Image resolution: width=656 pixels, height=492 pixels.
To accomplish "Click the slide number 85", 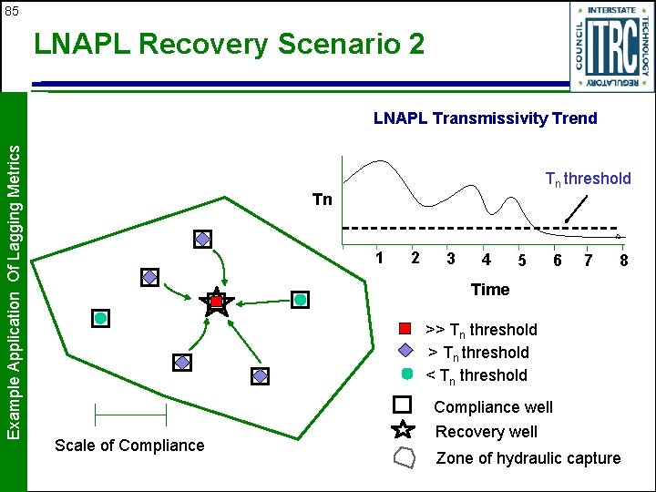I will click(11, 12).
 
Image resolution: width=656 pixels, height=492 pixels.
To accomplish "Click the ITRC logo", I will click(611, 46).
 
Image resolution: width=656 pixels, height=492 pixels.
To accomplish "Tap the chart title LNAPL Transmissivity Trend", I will click(485, 118).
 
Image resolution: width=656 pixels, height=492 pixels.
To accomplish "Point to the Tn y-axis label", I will click(322, 200).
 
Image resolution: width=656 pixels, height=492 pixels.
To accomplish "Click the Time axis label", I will click(489, 290).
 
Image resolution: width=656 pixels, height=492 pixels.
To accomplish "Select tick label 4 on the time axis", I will click(487, 260).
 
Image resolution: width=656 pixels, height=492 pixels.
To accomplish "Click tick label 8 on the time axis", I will click(623, 261).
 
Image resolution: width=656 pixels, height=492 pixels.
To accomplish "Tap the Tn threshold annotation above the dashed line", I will click(588, 179).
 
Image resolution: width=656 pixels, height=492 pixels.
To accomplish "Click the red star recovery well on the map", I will click(216, 302).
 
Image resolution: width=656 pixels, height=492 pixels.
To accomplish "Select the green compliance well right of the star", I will click(300, 299).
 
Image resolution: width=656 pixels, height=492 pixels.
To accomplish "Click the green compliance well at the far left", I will click(100, 318).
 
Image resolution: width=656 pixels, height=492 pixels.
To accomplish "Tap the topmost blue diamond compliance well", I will click(202, 239).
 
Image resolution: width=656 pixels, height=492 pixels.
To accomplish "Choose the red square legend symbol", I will click(407, 329).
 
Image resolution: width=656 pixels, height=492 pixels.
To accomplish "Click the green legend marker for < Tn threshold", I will click(407, 374).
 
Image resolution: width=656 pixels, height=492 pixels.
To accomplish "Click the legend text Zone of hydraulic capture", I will click(528, 458).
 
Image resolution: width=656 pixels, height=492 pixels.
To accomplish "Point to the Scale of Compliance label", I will click(129, 446).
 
